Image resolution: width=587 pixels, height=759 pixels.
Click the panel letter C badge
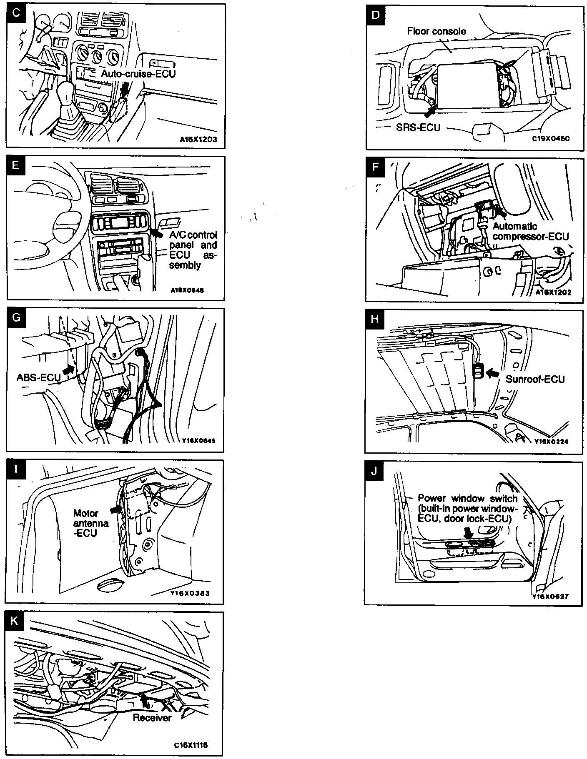16,13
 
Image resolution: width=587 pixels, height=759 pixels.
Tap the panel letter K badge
14,621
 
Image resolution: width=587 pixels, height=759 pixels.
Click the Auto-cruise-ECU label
138,74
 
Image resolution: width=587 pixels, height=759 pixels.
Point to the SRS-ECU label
418,127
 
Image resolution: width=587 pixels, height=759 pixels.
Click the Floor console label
436,31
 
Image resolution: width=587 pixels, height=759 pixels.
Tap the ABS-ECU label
38,377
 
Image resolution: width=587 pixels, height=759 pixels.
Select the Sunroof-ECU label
535,379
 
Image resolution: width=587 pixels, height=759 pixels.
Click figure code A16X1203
198,140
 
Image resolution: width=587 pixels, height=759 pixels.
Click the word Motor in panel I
86,513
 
